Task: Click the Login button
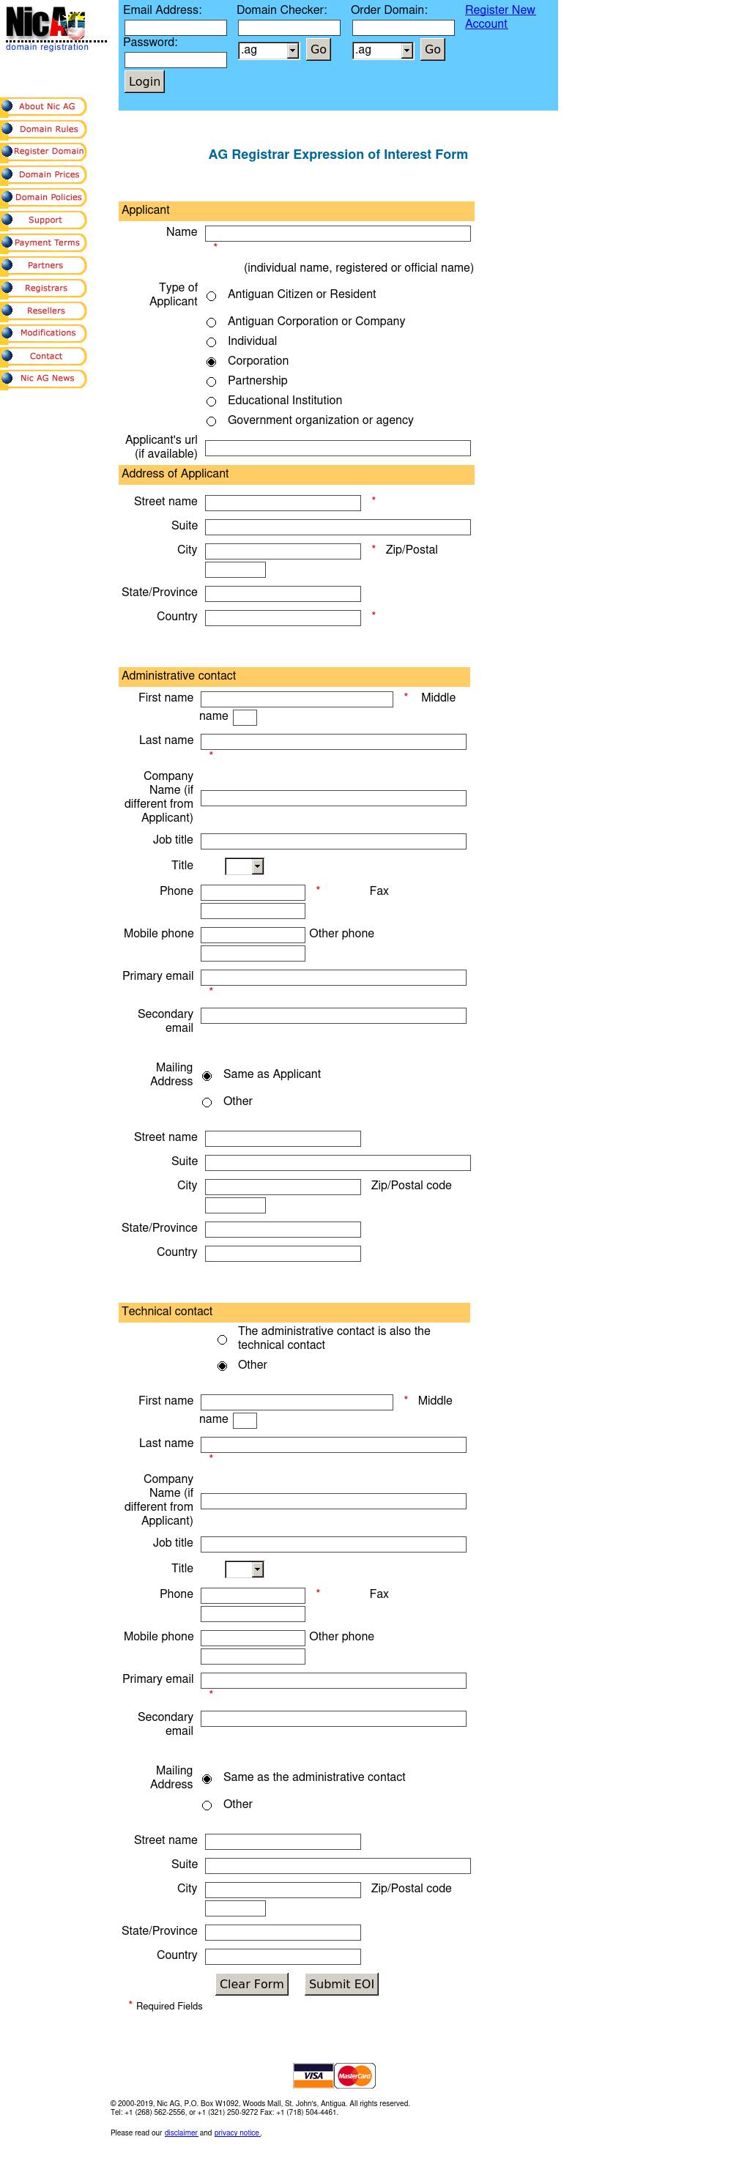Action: click(144, 81)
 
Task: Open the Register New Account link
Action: click(499, 17)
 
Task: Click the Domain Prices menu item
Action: click(49, 175)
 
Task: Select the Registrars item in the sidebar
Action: click(45, 288)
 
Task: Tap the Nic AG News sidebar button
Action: click(47, 379)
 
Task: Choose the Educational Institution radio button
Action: click(212, 401)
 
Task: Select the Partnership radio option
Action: click(212, 382)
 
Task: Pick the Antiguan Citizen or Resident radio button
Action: click(212, 296)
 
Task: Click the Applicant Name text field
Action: click(338, 234)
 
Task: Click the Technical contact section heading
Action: click(167, 1312)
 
